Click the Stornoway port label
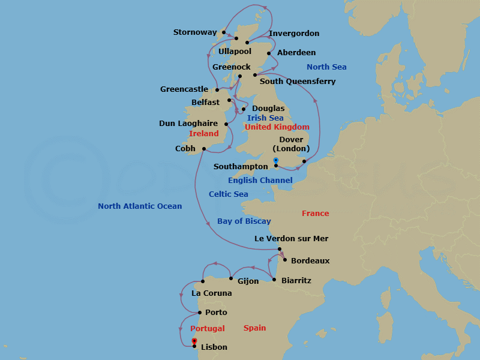(x=194, y=32)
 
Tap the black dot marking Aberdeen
(x=269, y=54)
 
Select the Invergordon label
(x=294, y=34)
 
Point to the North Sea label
(x=326, y=67)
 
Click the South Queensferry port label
(x=297, y=82)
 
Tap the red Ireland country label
(x=203, y=134)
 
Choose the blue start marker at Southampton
(x=275, y=160)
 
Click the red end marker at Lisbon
(x=194, y=341)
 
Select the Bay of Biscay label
(x=244, y=221)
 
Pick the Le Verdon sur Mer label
(x=291, y=239)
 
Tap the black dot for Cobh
(x=205, y=149)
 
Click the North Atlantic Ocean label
(x=140, y=206)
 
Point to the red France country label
(x=315, y=214)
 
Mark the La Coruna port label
(x=211, y=294)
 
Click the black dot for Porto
(x=200, y=312)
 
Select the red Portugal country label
(x=207, y=329)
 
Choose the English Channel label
(x=260, y=181)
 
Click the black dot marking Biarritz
(x=274, y=280)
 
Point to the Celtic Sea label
(x=228, y=194)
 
